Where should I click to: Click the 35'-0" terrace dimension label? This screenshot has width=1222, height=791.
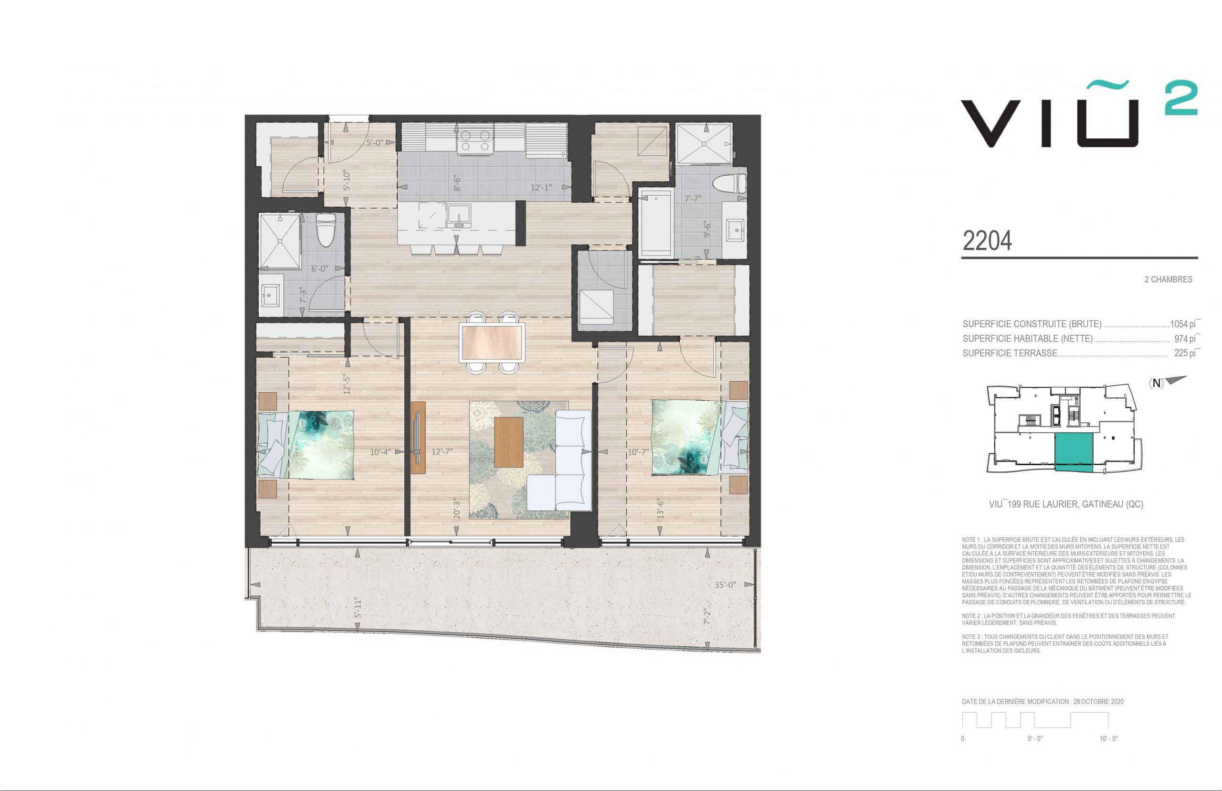tap(725, 585)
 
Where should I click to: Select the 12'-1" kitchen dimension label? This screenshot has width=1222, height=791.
tap(541, 187)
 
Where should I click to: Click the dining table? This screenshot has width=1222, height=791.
tap(493, 342)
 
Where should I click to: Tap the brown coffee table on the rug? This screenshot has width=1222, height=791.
tap(509, 442)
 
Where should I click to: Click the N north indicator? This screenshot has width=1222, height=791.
tap(1156, 384)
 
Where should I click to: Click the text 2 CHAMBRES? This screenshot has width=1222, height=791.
tap(1168, 279)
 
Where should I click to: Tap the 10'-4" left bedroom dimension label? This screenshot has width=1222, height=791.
tap(381, 452)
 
